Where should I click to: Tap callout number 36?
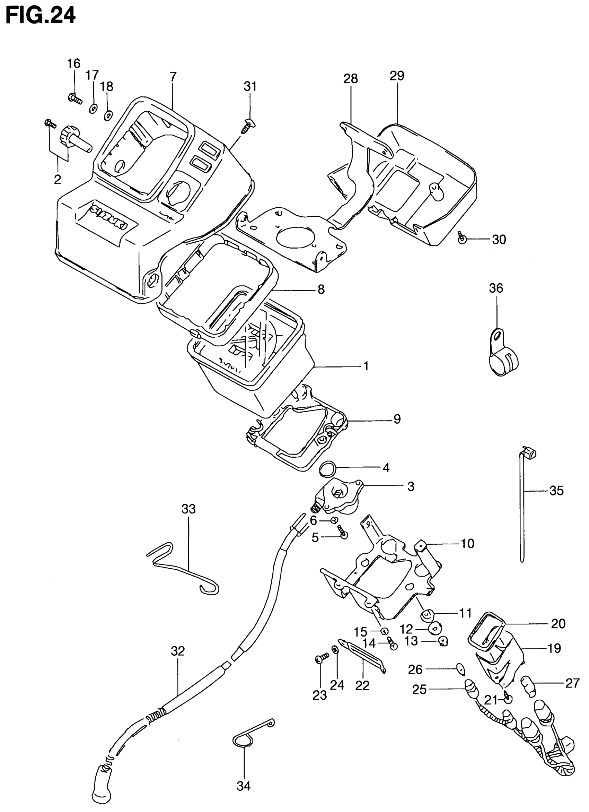click(x=495, y=288)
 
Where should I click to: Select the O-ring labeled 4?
click(x=328, y=469)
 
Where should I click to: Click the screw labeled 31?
click(x=248, y=127)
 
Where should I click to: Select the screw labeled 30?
click(x=461, y=238)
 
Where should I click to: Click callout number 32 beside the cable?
click(x=177, y=651)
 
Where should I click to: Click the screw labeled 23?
click(x=322, y=658)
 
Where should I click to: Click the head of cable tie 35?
click(x=529, y=453)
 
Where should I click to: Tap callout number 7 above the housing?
click(x=173, y=77)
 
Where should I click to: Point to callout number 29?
click(x=396, y=76)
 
